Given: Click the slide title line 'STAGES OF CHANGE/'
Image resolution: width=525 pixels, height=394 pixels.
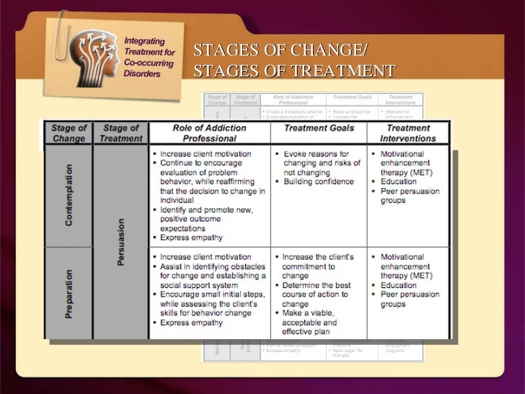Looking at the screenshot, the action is pos(280,50).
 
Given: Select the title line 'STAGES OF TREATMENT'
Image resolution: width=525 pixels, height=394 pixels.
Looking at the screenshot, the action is pos(294,71).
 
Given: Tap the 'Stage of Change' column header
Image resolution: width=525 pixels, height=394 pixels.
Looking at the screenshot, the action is pos(69,133).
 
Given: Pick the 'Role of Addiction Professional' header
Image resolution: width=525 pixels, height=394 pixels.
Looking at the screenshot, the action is pos(209,133).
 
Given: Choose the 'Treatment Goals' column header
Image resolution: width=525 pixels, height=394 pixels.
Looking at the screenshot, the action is pos(318,128).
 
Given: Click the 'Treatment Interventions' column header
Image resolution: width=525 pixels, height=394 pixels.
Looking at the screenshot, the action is pos(408,133).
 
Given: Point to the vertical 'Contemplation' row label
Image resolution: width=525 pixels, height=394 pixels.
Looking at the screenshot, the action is pos(69,195).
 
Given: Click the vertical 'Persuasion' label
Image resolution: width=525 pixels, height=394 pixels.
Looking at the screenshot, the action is pos(120,242).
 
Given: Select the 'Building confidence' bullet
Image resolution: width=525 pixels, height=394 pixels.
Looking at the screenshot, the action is pos(318,182).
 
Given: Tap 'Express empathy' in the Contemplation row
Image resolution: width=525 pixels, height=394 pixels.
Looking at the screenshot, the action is pos(191,237).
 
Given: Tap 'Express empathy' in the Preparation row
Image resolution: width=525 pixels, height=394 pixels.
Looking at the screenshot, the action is pos(191,322).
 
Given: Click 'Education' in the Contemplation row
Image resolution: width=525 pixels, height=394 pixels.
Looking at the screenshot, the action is pos(399,182).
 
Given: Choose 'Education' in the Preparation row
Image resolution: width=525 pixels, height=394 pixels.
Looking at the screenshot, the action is pos(399,285).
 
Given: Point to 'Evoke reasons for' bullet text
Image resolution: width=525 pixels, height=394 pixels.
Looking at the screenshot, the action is pos(316,154).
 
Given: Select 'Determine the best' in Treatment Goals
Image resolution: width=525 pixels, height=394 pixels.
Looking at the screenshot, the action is pos(321,285).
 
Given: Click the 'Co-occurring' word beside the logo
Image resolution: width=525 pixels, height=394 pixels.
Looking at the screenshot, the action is pos(147,64).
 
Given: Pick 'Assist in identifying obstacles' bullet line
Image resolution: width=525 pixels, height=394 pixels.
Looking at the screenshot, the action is pos(209,266).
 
